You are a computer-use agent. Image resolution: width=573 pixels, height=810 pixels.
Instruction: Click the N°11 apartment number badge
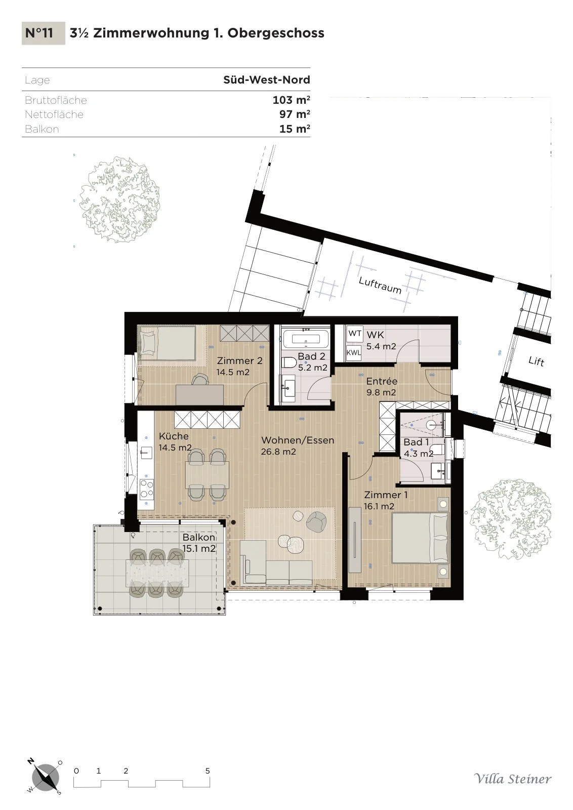[x=44, y=33]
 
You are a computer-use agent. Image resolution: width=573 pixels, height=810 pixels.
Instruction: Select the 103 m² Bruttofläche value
[x=292, y=100]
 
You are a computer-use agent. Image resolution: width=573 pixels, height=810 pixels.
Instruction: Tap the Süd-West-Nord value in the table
[x=267, y=79]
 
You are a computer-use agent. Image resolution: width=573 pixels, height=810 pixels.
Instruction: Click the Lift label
[x=536, y=361]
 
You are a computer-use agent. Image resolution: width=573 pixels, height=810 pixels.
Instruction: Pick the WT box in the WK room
[x=355, y=334]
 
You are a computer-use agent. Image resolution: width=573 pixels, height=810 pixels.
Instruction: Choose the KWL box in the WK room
[x=354, y=352]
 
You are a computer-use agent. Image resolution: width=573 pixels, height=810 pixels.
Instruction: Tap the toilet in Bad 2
[x=288, y=362]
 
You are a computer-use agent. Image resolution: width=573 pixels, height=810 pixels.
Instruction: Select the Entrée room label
[x=381, y=381]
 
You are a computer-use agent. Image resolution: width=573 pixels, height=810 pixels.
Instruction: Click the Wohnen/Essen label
[x=298, y=440]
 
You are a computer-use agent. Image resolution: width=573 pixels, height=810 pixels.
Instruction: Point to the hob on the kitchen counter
[x=146, y=489]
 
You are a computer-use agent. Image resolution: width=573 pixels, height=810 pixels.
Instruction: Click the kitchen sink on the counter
[x=146, y=453]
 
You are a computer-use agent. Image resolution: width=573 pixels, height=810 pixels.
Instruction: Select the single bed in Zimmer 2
[x=167, y=344]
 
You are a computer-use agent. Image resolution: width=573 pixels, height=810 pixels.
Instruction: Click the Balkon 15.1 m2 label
[x=199, y=542]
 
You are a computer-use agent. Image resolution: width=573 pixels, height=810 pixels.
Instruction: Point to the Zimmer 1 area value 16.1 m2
[x=379, y=506]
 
